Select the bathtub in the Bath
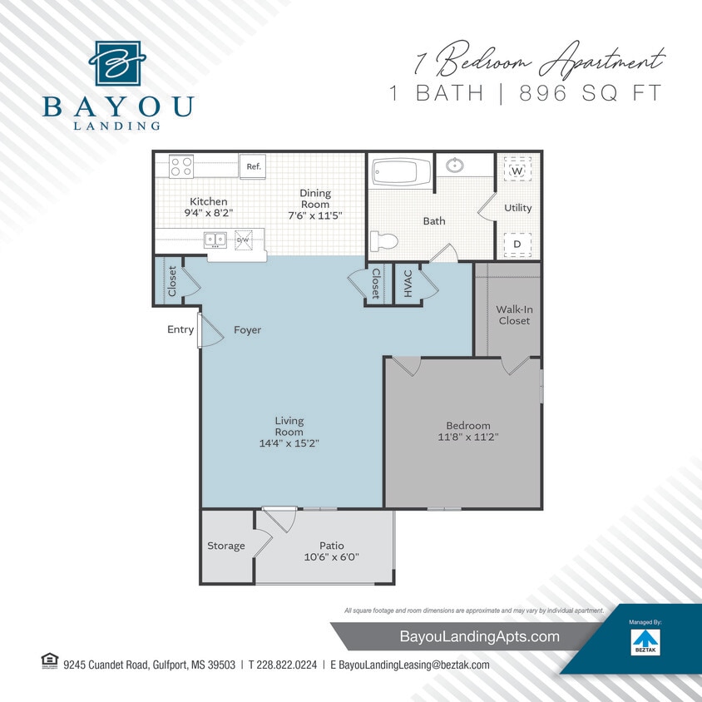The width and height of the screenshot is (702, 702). pyautogui.click(x=400, y=173)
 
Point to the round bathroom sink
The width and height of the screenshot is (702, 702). pyautogui.click(x=454, y=165)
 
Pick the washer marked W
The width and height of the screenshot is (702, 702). pyautogui.click(x=517, y=171)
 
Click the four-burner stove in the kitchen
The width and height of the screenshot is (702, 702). pyautogui.click(x=181, y=166)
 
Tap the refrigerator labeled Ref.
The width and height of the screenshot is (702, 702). pyautogui.click(x=253, y=166)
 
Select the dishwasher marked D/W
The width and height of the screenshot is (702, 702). pyautogui.click(x=243, y=240)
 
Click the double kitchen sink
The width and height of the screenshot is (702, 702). pyautogui.click(x=215, y=240)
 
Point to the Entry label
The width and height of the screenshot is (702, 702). pyautogui.click(x=180, y=329)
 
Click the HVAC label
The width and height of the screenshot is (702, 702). pyautogui.click(x=408, y=284)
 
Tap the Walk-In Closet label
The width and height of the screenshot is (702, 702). pyautogui.click(x=514, y=314)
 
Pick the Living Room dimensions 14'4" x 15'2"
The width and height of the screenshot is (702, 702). pyautogui.click(x=289, y=443)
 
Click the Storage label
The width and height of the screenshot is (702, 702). pyautogui.click(x=226, y=546)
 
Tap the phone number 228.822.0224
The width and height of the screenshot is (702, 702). pyautogui.click(x=282, y=665)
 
